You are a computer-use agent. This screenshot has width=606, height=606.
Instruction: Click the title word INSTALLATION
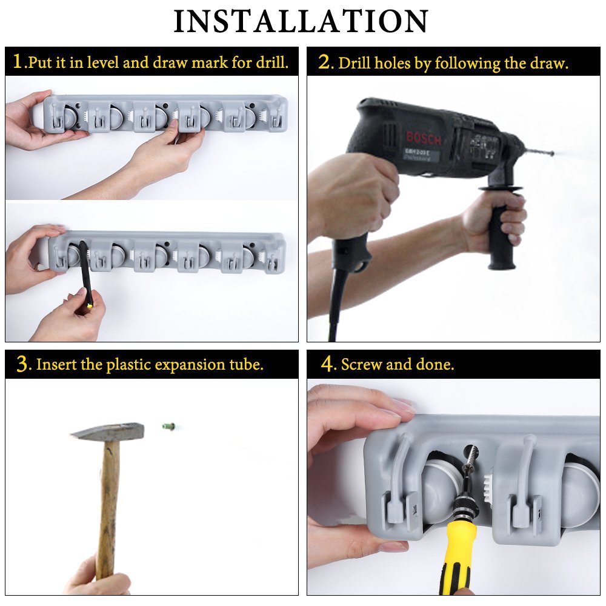301,21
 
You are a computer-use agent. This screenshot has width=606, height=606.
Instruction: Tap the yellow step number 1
18,61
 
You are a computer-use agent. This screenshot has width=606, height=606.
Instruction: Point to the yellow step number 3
22,364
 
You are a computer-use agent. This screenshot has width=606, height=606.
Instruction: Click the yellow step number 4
327,364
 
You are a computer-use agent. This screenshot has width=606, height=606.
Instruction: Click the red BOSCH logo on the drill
423,138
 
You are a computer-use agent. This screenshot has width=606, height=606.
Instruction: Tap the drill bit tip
553,153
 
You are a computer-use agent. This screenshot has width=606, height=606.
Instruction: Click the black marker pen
86,275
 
